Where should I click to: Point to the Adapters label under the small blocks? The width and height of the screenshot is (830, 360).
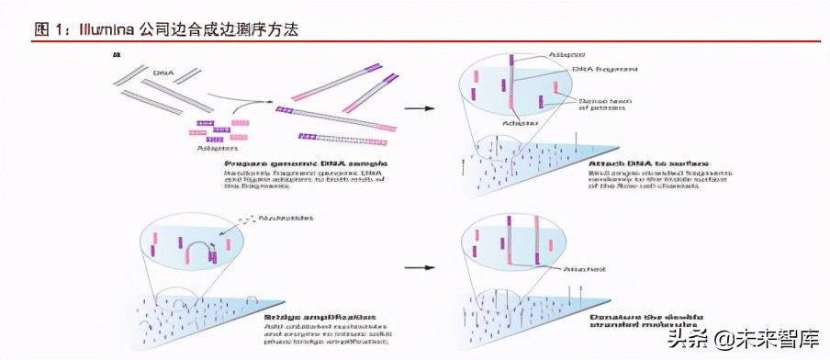pos(218,146)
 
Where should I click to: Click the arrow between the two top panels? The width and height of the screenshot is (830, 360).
pos(420,108)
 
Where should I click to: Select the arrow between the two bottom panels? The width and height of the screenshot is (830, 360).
pos(420,268)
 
